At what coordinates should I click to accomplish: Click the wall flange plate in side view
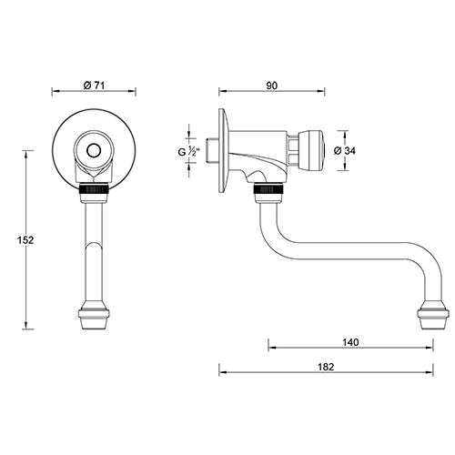tap(221, 149)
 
